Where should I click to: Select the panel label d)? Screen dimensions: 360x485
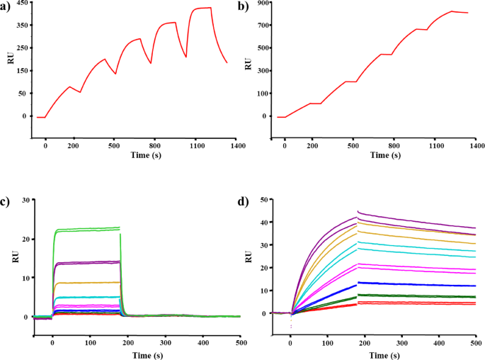click(246, 203)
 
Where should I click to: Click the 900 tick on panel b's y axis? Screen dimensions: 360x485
click(262, 4)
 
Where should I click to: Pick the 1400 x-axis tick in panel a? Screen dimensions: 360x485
click(237, 145)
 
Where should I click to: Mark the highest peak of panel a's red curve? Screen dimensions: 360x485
click(210, 8)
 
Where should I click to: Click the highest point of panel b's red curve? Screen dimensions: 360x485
click(451, 11)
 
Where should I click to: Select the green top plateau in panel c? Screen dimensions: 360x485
click(85, 228)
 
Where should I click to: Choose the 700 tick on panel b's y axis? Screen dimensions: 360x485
click(262, 26)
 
